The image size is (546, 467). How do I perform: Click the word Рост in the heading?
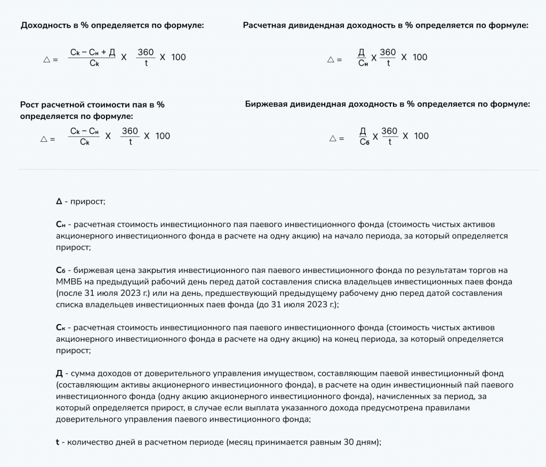tap(30, 105)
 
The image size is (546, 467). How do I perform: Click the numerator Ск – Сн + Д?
tap(93, 52)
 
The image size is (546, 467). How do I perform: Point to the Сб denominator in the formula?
tap(365, 142)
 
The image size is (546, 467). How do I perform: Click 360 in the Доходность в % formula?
tap(146, 52)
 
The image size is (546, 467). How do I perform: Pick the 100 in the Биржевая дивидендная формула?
tap(421, 136)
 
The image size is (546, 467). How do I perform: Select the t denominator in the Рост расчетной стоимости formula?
tap(130, 142)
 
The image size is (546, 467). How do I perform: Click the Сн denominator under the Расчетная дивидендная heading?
tap(363, 63)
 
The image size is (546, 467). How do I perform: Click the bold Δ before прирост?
tap(59, 202)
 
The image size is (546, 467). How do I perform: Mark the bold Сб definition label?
tap(60, 270)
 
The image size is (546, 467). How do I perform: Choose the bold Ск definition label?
tap(60, 327)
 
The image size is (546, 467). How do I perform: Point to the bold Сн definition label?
tap(60, 224)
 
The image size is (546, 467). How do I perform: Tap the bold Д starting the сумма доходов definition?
tap(59, 374)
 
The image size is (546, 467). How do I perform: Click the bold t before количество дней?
tap(57, 442)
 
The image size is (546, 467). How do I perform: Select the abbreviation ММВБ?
tap(68, 281)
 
